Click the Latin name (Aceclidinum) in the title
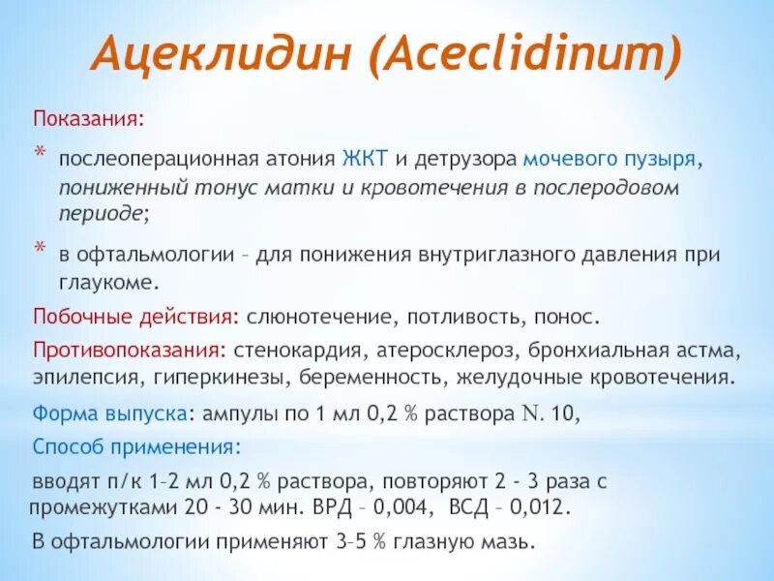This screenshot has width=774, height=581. pyautogui.click(x=524, y=56)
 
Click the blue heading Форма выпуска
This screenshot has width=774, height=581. pyautogui.click(x=109, y=413)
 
